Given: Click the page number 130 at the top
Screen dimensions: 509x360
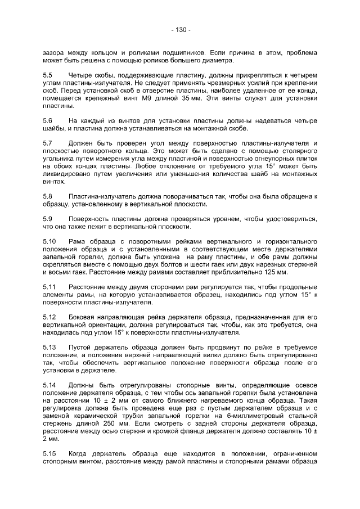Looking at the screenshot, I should (x=181, y=30).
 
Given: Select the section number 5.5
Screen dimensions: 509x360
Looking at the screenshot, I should (x=48, y=75).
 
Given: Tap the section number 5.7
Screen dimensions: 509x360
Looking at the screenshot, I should (x=48, y=143).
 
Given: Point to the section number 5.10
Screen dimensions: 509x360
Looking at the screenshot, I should (x=49, y=241).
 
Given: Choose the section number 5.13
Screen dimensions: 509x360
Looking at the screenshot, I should (x=49, y=347).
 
